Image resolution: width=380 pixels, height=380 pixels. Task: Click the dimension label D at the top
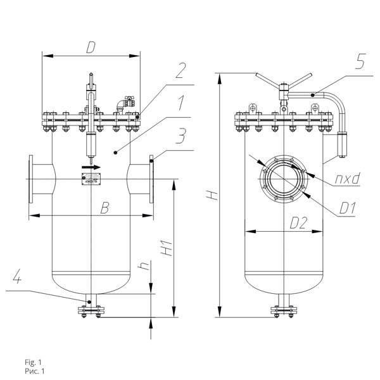point(91,47)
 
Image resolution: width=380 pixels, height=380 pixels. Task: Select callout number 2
point(180,70)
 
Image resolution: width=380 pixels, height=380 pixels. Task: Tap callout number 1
point(180,103)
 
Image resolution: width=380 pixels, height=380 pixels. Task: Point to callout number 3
point(181,136)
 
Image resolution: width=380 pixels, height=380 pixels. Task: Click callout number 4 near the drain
point(17,277)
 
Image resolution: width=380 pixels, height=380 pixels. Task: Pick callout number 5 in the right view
point(360,61)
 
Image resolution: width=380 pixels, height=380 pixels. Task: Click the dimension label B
point(104,208)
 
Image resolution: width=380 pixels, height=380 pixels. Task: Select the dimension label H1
point(167,248)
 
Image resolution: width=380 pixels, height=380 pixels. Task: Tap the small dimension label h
point(144,266)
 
